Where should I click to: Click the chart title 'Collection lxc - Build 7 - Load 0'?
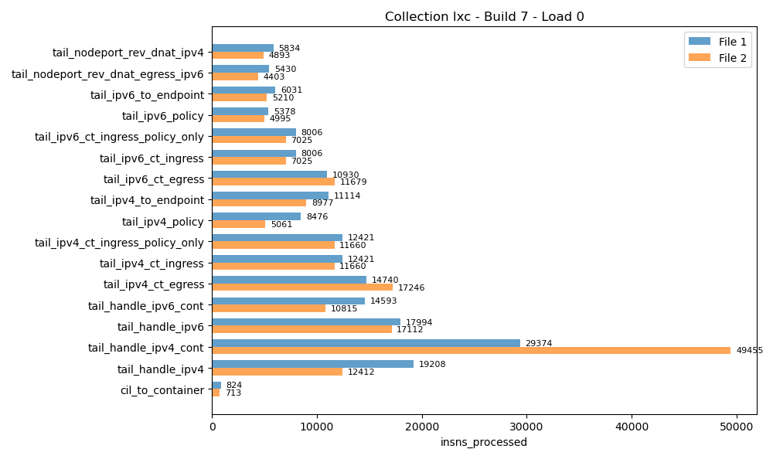tap(484, 17)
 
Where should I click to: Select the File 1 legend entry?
tap(717, 42)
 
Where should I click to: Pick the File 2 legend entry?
tap(717, 58)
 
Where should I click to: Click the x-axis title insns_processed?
tap(484, 443)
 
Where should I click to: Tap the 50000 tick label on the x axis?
tap(736, 424)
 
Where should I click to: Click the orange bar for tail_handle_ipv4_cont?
tap(471, 351)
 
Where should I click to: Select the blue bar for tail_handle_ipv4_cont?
tap(366, 343)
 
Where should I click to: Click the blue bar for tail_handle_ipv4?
tap(312, 364)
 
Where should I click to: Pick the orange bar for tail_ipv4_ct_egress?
tap(302, 287)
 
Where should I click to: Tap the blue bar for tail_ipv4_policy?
tap(257, 217)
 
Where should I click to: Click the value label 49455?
tap(749, 351)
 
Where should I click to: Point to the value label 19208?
tap(431, 365)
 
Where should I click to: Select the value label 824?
tap(233, 386)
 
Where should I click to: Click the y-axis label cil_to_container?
tap(162, 390)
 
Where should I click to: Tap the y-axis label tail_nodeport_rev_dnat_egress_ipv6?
tap(107, 74)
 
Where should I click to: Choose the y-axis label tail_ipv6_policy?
tap(162, 116)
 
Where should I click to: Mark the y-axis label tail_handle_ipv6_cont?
tap(145, 306)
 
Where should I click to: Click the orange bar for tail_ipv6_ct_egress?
tap(274, 182)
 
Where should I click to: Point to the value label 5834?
tap(289, 49)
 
